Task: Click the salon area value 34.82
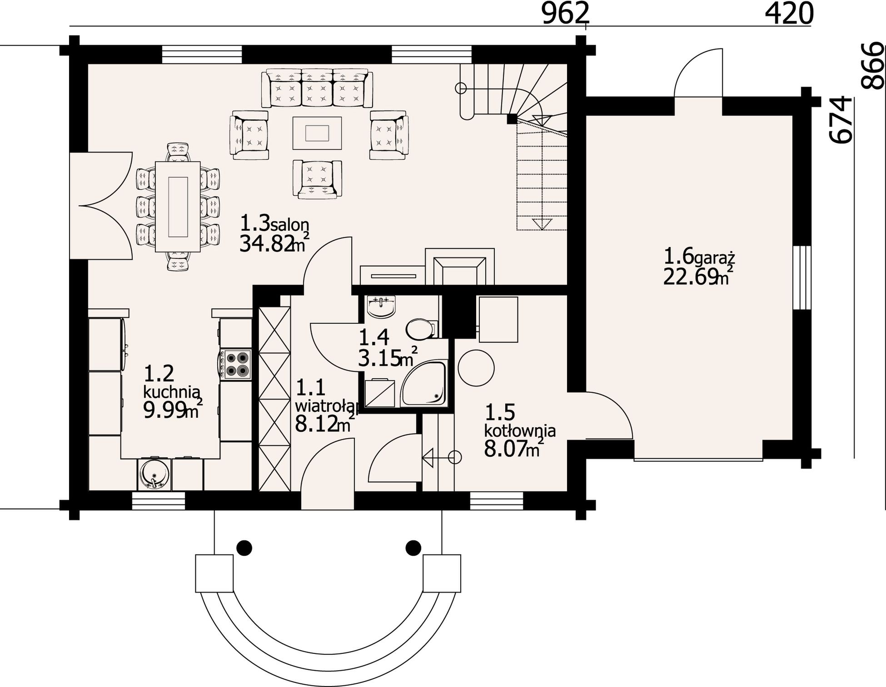pyautogui.click(x=265, y=245)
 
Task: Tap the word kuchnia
pyautogui.click(x=172, y=391)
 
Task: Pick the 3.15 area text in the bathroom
pyautogui.click(x=378, y=359)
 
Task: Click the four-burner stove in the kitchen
pyautogui.click(x=236, y=364)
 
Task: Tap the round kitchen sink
pyautogui.click(x=155, y=475)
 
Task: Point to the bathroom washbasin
pyautogui.click(x=381, y=307)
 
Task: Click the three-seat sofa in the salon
pyautogui.click(x=317, y=89)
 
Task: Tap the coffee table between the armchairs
pyautogui.click(x=317, y=133)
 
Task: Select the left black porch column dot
pyautogui.click(x=244, y=547)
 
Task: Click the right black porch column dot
pyautogui.click(x=413, y=547)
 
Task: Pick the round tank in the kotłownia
pyautogui.click(x=476, y=368)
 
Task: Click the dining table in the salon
pyautogui.click(x=178, y=207)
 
